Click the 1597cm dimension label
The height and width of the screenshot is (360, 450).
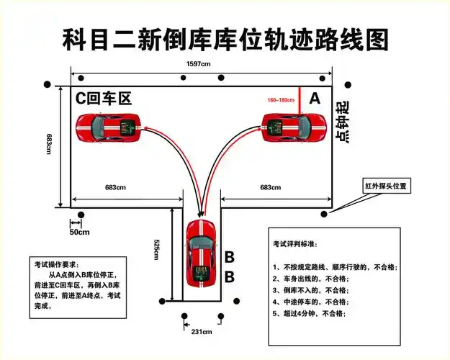199,65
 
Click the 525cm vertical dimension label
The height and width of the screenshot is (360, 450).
156,251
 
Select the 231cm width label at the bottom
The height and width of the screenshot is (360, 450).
200,331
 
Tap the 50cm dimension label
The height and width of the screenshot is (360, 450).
79,232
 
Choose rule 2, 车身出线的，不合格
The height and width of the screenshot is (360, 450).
310,278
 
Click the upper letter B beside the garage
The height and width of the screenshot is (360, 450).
229,257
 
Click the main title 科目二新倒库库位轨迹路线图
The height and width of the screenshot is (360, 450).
225,39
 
